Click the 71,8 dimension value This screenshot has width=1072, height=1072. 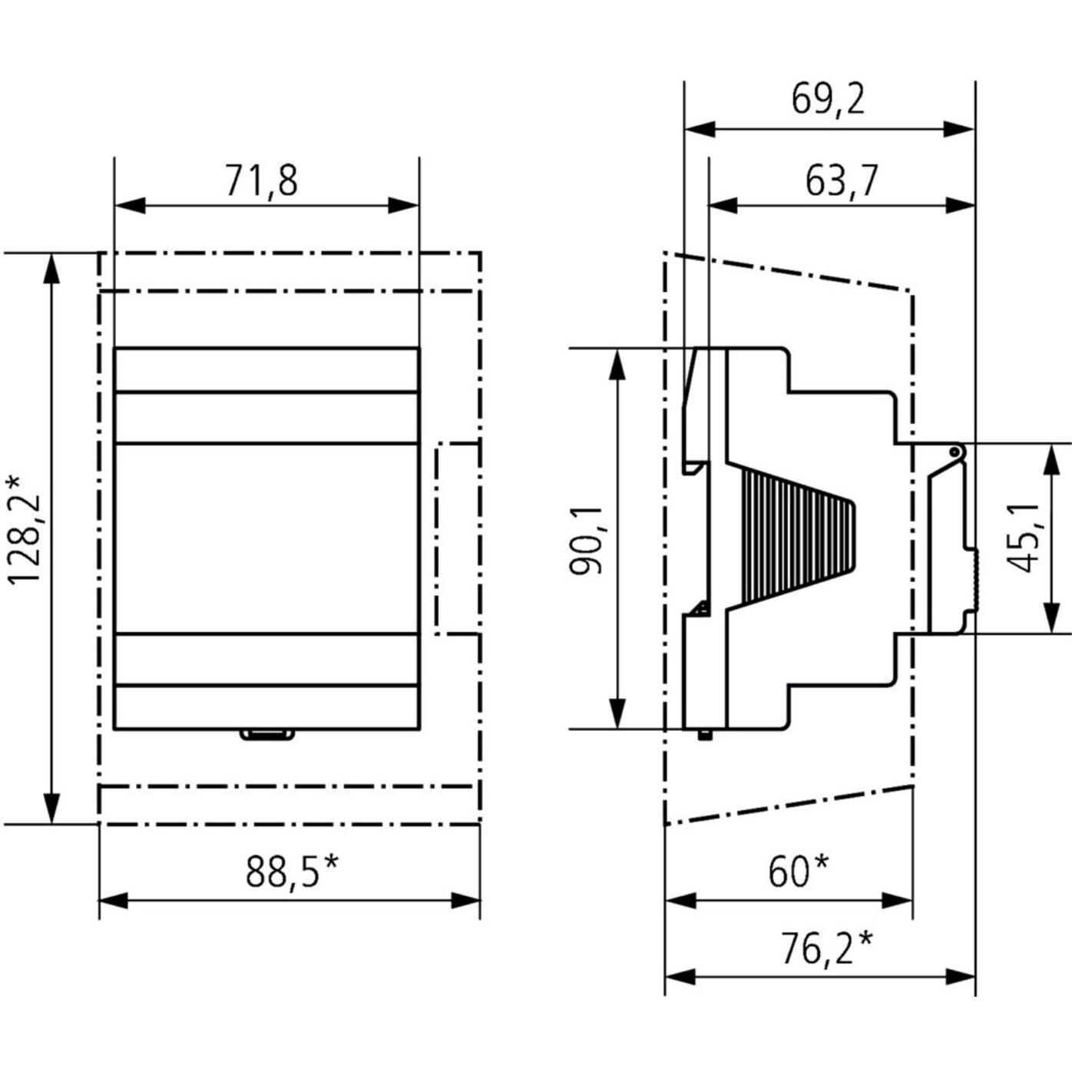(x=262, y=181)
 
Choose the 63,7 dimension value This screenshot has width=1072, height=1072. (x=842, y=181)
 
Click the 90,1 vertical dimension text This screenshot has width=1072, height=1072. (x=587, y=540)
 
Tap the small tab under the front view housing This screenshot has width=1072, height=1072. (x=266, y=735)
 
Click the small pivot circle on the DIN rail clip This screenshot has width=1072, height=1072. (x=954, y=452)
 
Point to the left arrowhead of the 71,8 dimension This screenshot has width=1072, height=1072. (x=130, y=205)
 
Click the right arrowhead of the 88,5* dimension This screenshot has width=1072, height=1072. (x=465, y=902)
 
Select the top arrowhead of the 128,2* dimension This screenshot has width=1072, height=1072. (x=51, y=270)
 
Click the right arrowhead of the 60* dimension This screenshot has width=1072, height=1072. (x=897, y=902)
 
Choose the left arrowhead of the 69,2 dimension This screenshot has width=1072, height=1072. (x=700, y=131)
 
